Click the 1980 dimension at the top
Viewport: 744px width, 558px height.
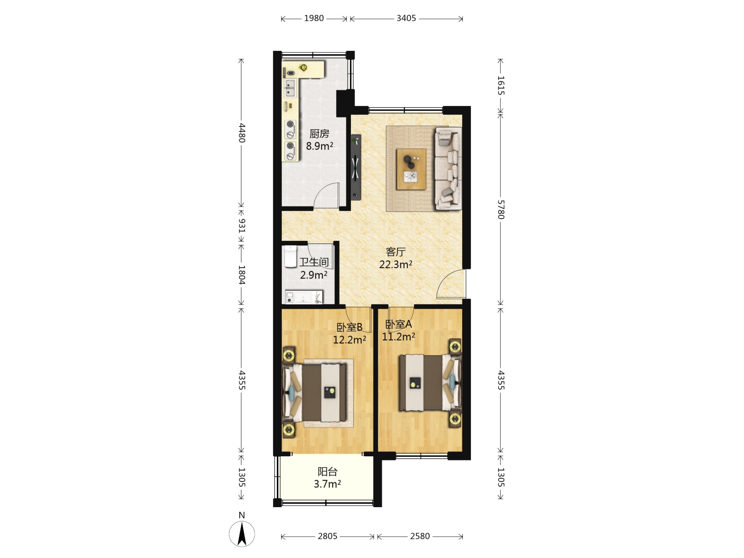314,18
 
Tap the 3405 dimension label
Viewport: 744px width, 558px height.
406,18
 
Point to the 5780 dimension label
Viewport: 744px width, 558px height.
501,210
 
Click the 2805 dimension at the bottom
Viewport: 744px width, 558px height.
328,536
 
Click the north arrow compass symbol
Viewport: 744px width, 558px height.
242,534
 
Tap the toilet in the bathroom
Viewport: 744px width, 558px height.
291,256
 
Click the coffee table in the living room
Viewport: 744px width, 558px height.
411,169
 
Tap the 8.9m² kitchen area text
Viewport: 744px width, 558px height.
320,146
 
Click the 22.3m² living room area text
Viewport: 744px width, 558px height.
396,264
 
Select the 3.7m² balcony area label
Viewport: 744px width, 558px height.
327,484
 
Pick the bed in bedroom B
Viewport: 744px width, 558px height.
315,393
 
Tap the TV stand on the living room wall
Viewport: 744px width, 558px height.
356,167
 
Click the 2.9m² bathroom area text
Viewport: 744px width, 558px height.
314,275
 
